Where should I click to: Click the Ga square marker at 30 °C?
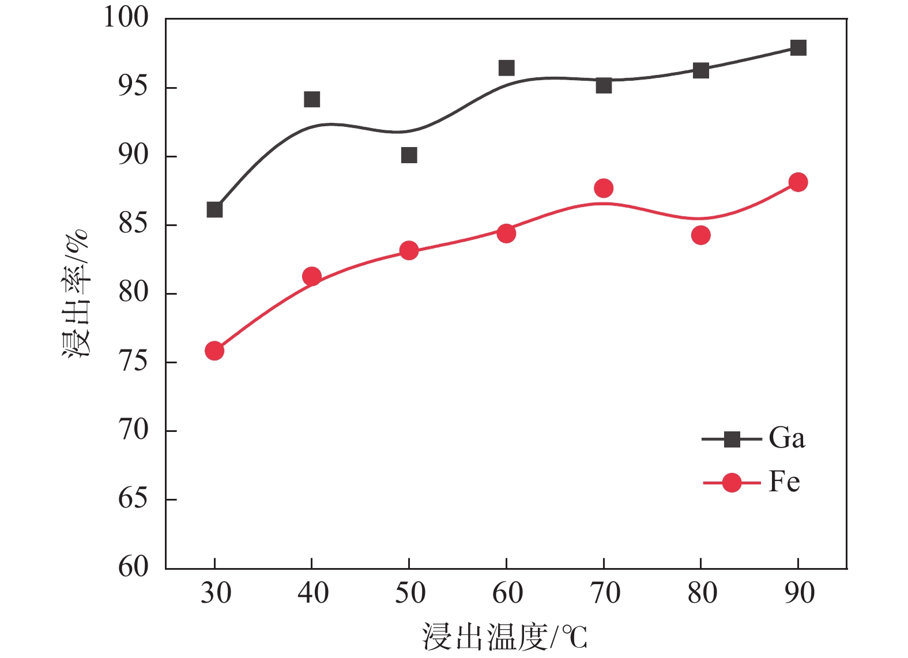(x=214, y=209)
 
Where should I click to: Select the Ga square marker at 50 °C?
(x=409, y=155)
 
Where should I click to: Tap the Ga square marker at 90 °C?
(x=798, y=47)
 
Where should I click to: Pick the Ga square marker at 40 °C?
(x=311, y=99)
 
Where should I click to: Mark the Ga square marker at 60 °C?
(x=506, y=68)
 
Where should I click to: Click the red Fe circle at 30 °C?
(x=214, y=351)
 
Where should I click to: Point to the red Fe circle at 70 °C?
(x=604, y=188)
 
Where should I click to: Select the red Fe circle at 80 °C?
(x=700, y=235)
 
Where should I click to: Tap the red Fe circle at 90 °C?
(x=798, y=182)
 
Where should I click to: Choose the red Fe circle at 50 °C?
(x=409, y=250)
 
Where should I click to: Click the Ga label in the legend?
(x=786, y=438)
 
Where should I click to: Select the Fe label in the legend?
(x=784, y=482)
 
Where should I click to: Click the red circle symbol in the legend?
(x=732, y=482)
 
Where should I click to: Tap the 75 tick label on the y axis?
(x=133, y=362)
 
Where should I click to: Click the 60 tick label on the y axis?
(x=133, y=567)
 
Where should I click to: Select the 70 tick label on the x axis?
(x=604, y=593)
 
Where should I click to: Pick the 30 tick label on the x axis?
(x=216, y=593)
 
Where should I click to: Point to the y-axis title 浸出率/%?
(x=76, y=294)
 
